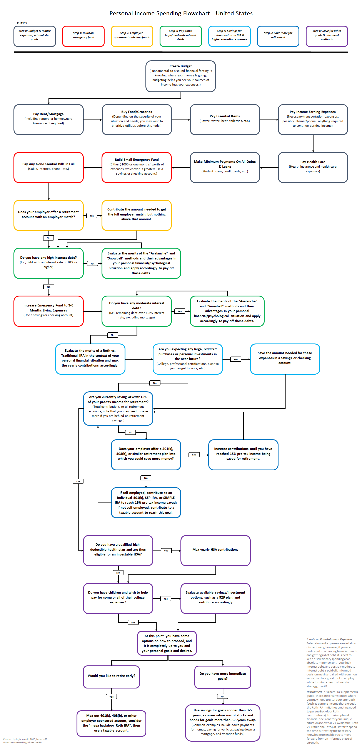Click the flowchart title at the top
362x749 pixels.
(181, 13)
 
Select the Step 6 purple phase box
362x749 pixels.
(327, 36)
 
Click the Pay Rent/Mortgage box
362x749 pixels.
(48, 120)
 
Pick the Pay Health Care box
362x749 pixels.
(313, 167)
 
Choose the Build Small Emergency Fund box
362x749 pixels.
(137, 167)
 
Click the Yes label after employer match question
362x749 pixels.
(92, 216)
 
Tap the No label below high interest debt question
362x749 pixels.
(48, 287)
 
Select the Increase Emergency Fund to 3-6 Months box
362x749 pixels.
(48, 311)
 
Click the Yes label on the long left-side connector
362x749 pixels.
(78, 481)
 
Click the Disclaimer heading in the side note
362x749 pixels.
(314, 692)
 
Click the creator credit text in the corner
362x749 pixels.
(25, 741)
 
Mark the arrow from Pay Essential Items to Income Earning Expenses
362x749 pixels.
(269, 120)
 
